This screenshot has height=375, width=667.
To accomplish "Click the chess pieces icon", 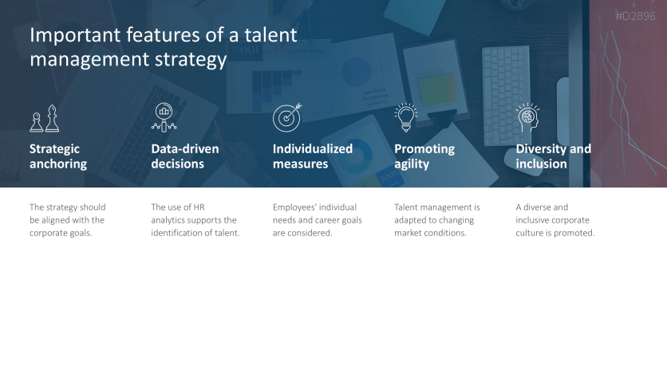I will [x=45, y=118].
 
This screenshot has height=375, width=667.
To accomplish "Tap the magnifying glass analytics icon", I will [x=164, y=117].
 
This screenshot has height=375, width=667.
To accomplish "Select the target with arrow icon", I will [x=286, y=117].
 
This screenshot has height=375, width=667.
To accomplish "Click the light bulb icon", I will [x=406, y=117].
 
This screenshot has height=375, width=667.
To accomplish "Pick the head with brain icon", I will [x=527, y=117].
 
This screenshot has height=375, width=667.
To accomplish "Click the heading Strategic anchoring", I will [x=58, y=156].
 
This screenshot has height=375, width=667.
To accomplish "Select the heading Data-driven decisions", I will [x=185, y=156].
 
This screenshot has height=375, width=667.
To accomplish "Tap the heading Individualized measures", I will [x=312, y=156].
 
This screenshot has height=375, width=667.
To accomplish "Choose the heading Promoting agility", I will [x=424, y=156].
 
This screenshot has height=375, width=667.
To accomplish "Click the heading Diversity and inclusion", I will [x=553, y=156].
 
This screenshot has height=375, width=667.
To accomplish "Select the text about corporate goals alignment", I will [x=67, y=220].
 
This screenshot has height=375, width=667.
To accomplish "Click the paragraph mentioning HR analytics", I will [x=195, y=220].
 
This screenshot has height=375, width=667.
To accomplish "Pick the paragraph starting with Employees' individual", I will [x=317, y=220].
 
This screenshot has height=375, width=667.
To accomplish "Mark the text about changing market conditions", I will [x=436, y=220].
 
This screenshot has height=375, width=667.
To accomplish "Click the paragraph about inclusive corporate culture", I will [x=555, y=220].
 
